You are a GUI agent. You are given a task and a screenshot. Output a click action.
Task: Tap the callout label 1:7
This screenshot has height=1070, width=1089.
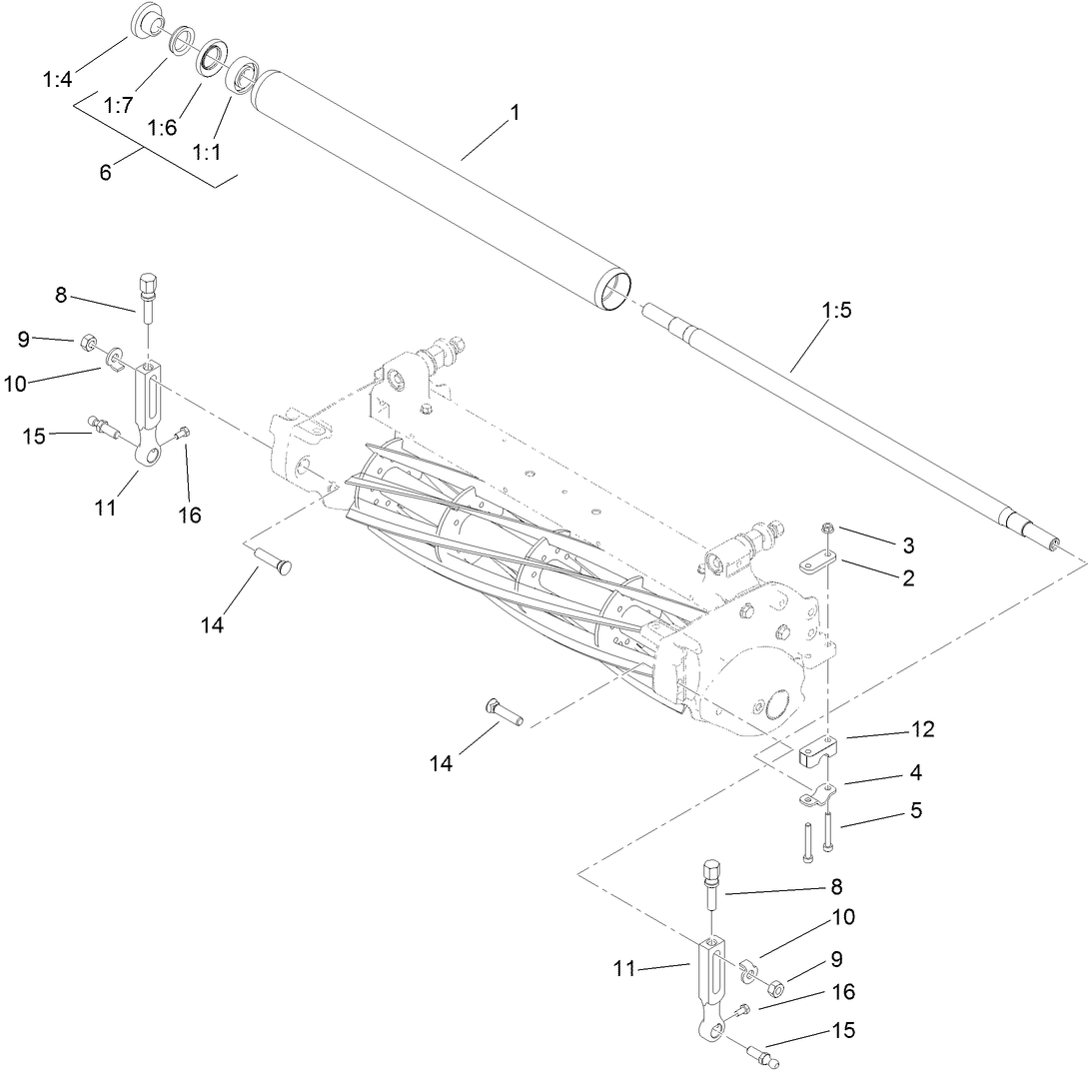coord(118,105)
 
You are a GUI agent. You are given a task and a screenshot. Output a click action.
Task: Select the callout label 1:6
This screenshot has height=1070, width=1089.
coord(163,127)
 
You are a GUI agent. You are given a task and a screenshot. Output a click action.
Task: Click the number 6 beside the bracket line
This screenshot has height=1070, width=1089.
coord(105,172)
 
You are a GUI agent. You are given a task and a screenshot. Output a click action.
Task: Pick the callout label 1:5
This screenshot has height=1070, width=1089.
coord(836,310)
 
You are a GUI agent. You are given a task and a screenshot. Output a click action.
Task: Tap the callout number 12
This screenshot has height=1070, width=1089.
coord(921,729)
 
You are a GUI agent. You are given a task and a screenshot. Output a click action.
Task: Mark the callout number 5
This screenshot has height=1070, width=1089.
coord(915,810)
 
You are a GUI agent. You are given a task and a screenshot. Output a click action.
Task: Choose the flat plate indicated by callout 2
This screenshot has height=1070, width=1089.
coord(816,565)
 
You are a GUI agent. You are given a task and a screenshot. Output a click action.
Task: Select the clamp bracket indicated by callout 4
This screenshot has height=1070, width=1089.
coord(818,797)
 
